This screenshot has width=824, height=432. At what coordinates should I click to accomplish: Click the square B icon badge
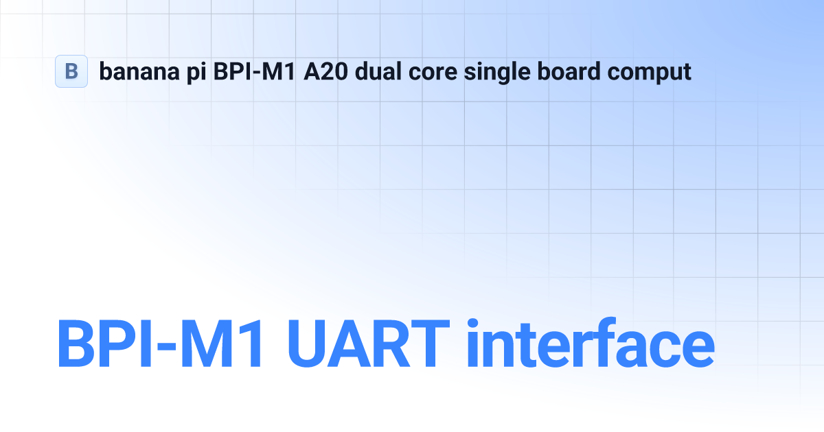[x=71, y=71]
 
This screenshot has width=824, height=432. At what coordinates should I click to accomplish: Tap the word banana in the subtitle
[x=139, y=71]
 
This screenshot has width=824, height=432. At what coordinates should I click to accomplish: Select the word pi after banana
[x=196, y=73]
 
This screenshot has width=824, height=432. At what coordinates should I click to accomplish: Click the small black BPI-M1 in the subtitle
[x=254, y=71]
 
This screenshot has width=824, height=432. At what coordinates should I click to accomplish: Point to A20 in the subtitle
[x=325, y=71]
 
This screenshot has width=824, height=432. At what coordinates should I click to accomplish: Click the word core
[x=433, y=73]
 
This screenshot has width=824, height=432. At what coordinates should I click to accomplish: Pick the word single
[x=497, y=73]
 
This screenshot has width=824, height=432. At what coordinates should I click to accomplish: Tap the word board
[x=569, y=71]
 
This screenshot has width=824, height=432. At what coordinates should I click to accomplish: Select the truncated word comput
[x=650, y=73]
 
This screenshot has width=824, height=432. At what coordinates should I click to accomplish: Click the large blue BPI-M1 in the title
[x=159, y=344]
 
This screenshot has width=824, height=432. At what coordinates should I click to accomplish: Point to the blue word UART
[x=369, y=344]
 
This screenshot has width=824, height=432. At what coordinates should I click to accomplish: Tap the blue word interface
[x=591, y=342]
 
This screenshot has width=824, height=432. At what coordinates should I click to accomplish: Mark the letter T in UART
[x=431, y=344]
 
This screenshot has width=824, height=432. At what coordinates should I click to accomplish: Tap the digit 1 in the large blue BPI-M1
[x=251, y=344]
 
